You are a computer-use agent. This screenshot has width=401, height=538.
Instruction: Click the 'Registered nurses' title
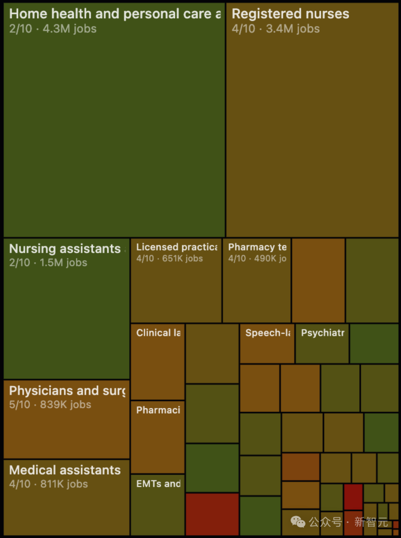290,14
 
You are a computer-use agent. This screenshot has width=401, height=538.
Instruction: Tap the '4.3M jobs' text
70,29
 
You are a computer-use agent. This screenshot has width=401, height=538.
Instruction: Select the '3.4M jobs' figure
293,29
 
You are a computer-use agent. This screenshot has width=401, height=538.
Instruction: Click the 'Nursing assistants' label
65,249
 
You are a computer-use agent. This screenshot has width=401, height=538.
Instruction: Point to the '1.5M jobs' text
63,263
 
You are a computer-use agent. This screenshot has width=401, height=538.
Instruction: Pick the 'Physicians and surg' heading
67,391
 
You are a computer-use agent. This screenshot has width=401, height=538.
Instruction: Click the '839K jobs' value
66,405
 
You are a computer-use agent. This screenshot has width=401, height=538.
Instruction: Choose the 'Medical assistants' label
65,470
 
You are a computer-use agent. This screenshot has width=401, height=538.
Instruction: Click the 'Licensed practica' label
177,247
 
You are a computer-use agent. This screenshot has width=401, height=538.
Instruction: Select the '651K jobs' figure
183,259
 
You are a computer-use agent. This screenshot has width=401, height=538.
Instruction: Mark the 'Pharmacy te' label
257,247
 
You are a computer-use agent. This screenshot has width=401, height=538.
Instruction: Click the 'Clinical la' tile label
158,333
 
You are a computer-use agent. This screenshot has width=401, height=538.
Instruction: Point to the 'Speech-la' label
268,333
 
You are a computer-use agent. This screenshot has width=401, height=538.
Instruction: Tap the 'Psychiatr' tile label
323,333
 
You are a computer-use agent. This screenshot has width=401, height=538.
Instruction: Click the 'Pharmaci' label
158,410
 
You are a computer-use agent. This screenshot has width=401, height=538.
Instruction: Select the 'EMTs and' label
158,484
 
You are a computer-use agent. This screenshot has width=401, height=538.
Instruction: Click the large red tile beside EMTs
212,514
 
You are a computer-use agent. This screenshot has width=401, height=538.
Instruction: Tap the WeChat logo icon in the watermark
298,522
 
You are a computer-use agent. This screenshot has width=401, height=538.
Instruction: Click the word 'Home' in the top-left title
28,14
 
